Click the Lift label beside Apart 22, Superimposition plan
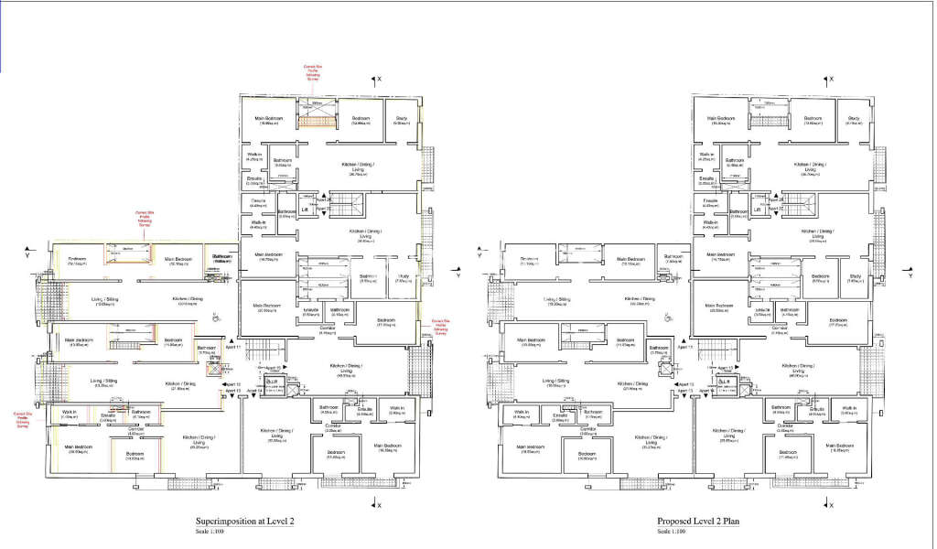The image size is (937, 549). tap(305, 209)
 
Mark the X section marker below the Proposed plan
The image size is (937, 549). tap(831, 504)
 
